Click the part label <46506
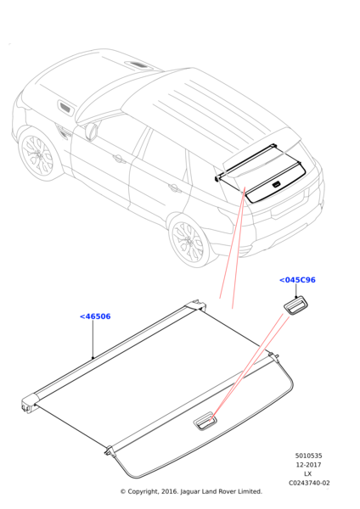coord(95,316)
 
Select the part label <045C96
coord(297,280)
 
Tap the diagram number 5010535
coord(308,456)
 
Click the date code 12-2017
coord(308,465)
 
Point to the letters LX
coord(308,474)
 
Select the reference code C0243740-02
coord(309,483)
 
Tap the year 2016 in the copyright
coord(168,492)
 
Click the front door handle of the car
coord(119,159)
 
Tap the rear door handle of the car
coord(175,187)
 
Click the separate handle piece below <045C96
coord(295,305)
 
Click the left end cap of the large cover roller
coord(29,404)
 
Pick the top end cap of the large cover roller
coord(196,305)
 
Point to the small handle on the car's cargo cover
coord(276,185)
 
